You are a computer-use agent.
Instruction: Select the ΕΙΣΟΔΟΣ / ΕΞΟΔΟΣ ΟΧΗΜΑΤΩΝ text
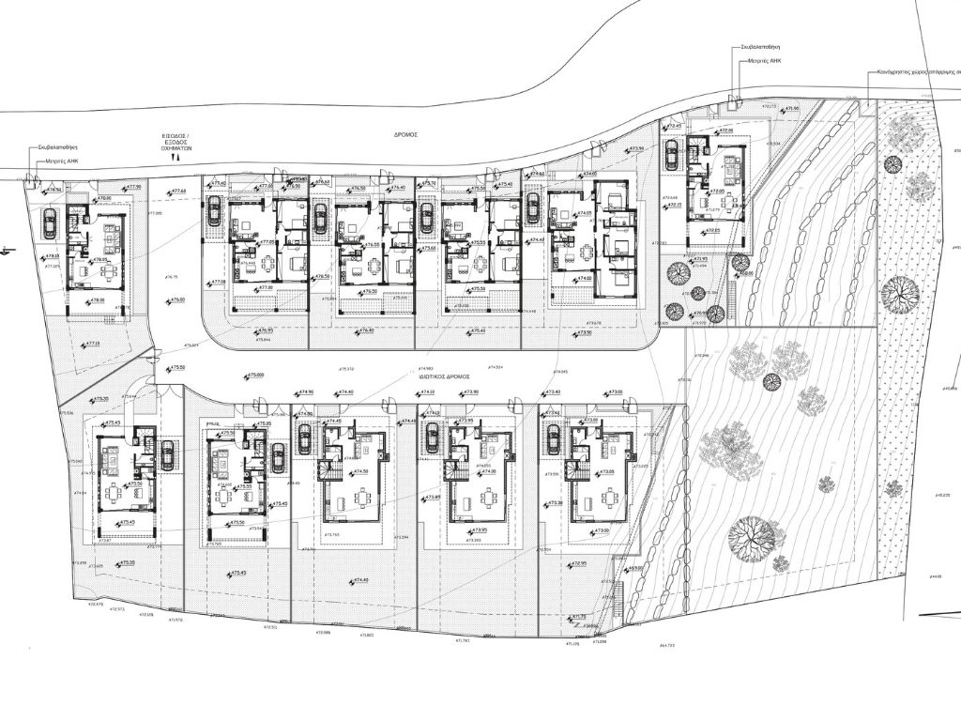pyautogui.click(x=175, y=143)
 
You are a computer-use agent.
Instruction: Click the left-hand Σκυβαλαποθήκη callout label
pyautogui.click(x=57, y=147)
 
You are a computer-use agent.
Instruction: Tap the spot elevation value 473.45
pyautogui.click(x=236, y=573)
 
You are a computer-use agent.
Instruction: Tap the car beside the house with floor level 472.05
pyautogui.click(x=672, y=151)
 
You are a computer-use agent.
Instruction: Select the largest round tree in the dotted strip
pyautogui.click(x=899, y=293)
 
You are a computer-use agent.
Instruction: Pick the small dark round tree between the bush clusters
pyautogui.click(x=772, y=381)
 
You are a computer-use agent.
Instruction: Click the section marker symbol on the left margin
pyautogui.click(x=5, y=251)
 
